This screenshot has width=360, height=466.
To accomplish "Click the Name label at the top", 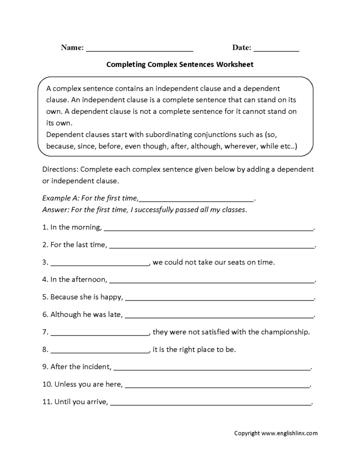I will pyautogui.click(x=72, y=48).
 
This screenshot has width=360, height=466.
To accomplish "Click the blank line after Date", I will pyautogui.click(x=276, y=50).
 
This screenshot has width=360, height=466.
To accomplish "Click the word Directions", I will pyautogui.click(x=60, y=170).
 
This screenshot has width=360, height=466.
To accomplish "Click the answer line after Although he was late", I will pyautogui.click(x=219, y=317).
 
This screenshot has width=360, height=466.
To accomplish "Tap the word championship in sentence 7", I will pyautogui.click(x=286, y=331).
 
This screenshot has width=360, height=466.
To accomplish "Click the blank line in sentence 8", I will pyautogui.click(x=99, y=352).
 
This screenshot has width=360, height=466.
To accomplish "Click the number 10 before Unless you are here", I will pyautogui.click(x=47, y=384).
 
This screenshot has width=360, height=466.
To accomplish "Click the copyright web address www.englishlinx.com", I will pyautogui.click(x=289, y=433).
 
